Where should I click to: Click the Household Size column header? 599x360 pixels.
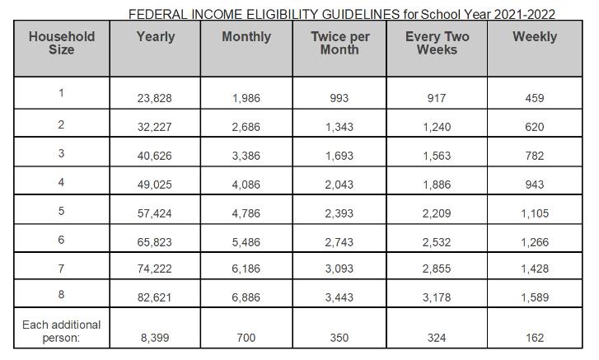tap(61, 43)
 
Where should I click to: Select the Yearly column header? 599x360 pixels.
tap(155, 36)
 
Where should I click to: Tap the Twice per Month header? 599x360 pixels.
tap(339, 43)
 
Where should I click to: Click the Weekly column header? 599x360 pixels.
tap(534, 36)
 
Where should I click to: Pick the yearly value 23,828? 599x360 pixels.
tap(155, 98)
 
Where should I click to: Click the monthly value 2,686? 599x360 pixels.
tap(246, 128)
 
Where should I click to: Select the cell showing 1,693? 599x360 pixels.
tap(339, 157)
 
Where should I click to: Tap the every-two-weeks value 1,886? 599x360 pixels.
tap(437, 185)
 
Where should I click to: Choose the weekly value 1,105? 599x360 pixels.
tap(534, 214)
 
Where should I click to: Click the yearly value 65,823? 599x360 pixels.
tap(155, 243)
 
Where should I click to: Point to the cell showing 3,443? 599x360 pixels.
tap(339, 297)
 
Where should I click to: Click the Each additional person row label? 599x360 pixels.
tap(61, 331)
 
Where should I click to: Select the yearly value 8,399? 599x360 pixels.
tap(155, 338)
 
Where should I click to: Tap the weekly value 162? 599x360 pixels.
tap(534, 338)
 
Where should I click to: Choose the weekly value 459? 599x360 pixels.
tap(534, 98)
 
